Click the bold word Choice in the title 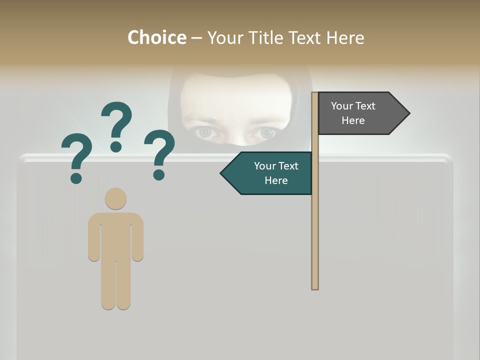point(156,37)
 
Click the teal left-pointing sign point(270,173)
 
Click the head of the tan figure point(115,198)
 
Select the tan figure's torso point(115,235)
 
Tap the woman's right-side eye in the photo point(265,133)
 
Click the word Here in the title point(345,37)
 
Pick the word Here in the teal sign point(276,180)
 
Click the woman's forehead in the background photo point(235,95)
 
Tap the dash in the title point(196,38)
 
